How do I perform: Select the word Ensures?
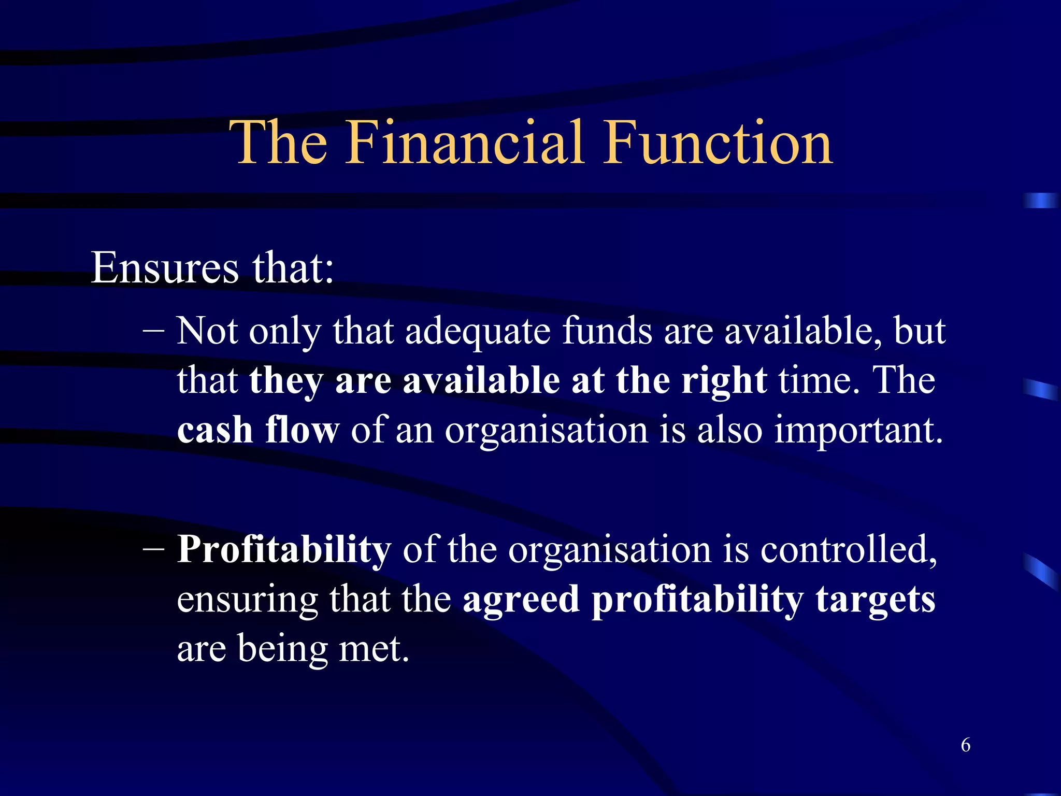point(165,268)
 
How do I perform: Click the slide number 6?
point(966,745)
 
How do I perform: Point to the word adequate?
point(478,332)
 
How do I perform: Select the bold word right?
point(724,381)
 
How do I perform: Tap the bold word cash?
point(215,430)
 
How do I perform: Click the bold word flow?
point(302,430)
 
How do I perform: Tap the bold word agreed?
point(521,600)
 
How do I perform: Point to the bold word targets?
point(876,600)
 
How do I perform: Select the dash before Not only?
point(153,331)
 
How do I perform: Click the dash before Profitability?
point(153,549)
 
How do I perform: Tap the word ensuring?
point(247,600)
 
